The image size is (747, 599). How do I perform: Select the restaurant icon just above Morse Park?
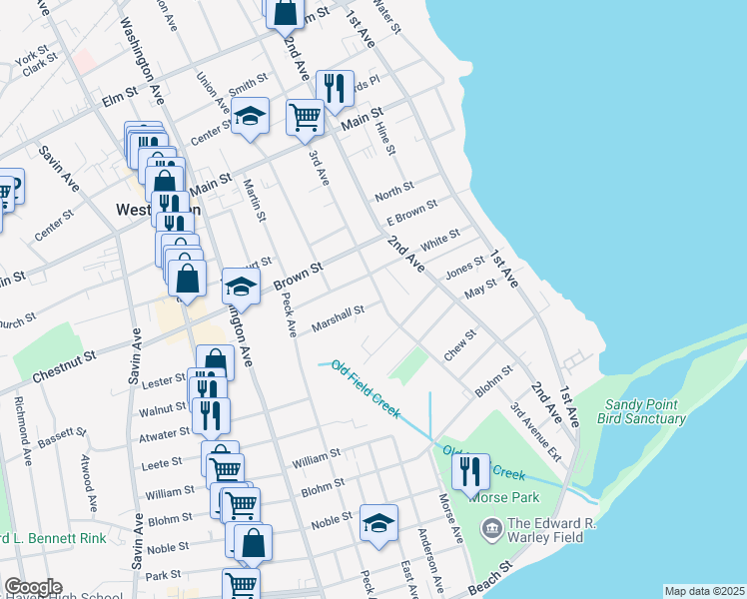pyautogui.click(x=470, y=471)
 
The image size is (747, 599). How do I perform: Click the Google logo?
pyautogui.click(x=32, y=587)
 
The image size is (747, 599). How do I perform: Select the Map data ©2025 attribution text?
pyautogui.click(x=704, y=591)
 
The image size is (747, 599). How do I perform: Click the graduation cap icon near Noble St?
pyautogui.click(x=378, y=523)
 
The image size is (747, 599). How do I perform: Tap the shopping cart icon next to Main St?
pyautogui.click(x=306, y=116)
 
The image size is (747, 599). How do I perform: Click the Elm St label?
pyautogui.click(x=118, y=100)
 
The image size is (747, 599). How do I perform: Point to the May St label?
pyautogui.click(x=480, y=290)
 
